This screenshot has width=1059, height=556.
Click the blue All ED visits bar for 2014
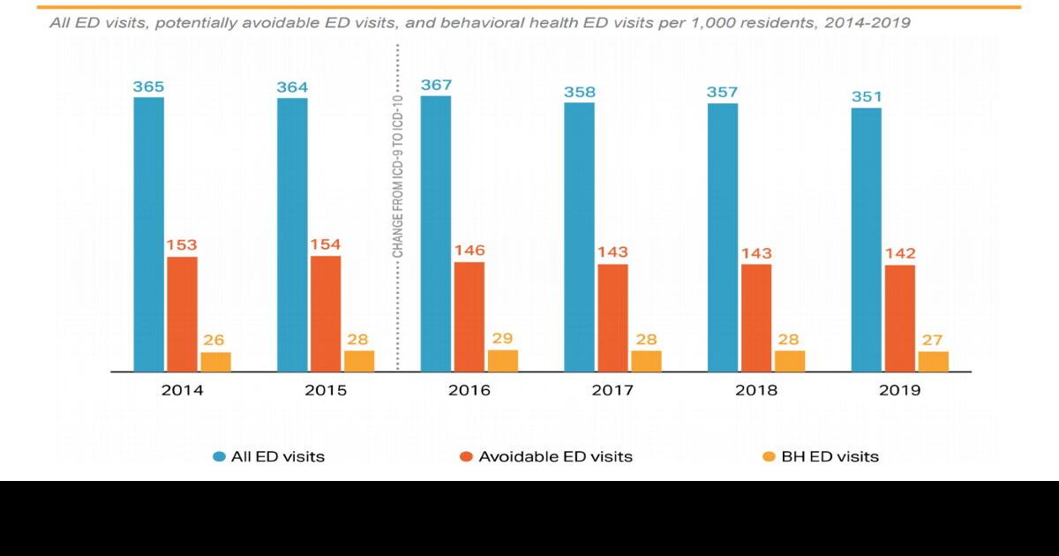click(x=148, y=234)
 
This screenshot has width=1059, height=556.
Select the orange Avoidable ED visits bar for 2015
click(x=325, y=313)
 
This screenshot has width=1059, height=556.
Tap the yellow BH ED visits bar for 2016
click(x=502, y=360)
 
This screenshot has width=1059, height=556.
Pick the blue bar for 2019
click(x=866, y=239)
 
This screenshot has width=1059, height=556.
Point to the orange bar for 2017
click(x=612, y=318)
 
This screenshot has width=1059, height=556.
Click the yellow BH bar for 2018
click(x=789, y=361)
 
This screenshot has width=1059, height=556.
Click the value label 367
click(x=436, y=85)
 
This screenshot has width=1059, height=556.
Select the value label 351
click(x=867, y=97)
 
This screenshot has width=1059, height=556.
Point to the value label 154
click(x=325, y=244)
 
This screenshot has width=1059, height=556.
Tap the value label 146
click(x=469, y=251)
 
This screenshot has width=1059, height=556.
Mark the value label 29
click(x=502, y=339)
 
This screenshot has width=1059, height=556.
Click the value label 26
click(x=215, y=341)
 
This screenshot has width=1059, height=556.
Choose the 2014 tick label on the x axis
click(x=182, y=390)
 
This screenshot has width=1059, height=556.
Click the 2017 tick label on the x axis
click(x=612, y=390)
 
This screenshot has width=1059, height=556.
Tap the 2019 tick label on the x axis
click(x=899, y=390)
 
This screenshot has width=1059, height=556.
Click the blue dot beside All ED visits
click(x=219, y=456)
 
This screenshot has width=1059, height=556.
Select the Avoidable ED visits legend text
click(x=555, y=456)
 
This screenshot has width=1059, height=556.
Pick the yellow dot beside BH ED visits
click(x=769, y=456)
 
